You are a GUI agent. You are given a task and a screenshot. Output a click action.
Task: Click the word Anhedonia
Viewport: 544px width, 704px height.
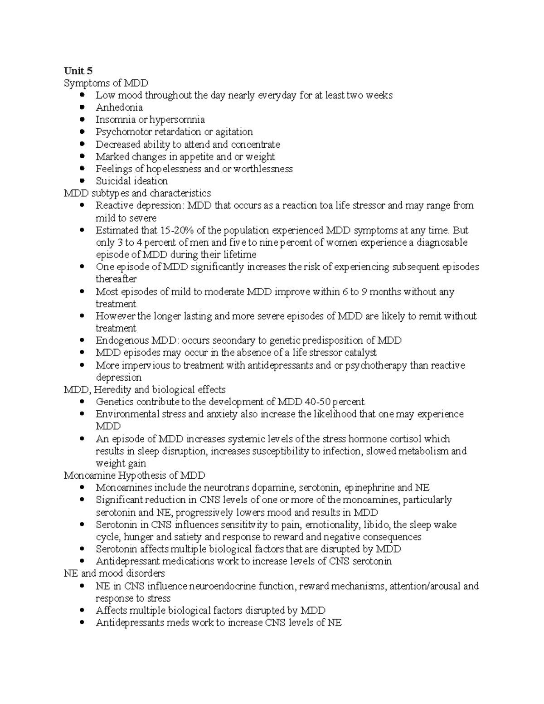[119, 107]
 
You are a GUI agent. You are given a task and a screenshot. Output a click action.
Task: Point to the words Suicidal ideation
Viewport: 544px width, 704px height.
[131, 181]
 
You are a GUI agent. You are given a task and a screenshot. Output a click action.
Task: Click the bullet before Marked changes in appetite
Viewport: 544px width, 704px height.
[82, 156]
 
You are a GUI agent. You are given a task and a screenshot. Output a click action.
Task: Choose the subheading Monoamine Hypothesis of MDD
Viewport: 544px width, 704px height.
[134, 476]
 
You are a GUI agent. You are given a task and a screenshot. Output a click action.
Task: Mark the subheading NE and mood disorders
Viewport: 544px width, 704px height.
[114, 573]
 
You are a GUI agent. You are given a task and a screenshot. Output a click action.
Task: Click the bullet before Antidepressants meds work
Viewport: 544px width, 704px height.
[82, 623]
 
